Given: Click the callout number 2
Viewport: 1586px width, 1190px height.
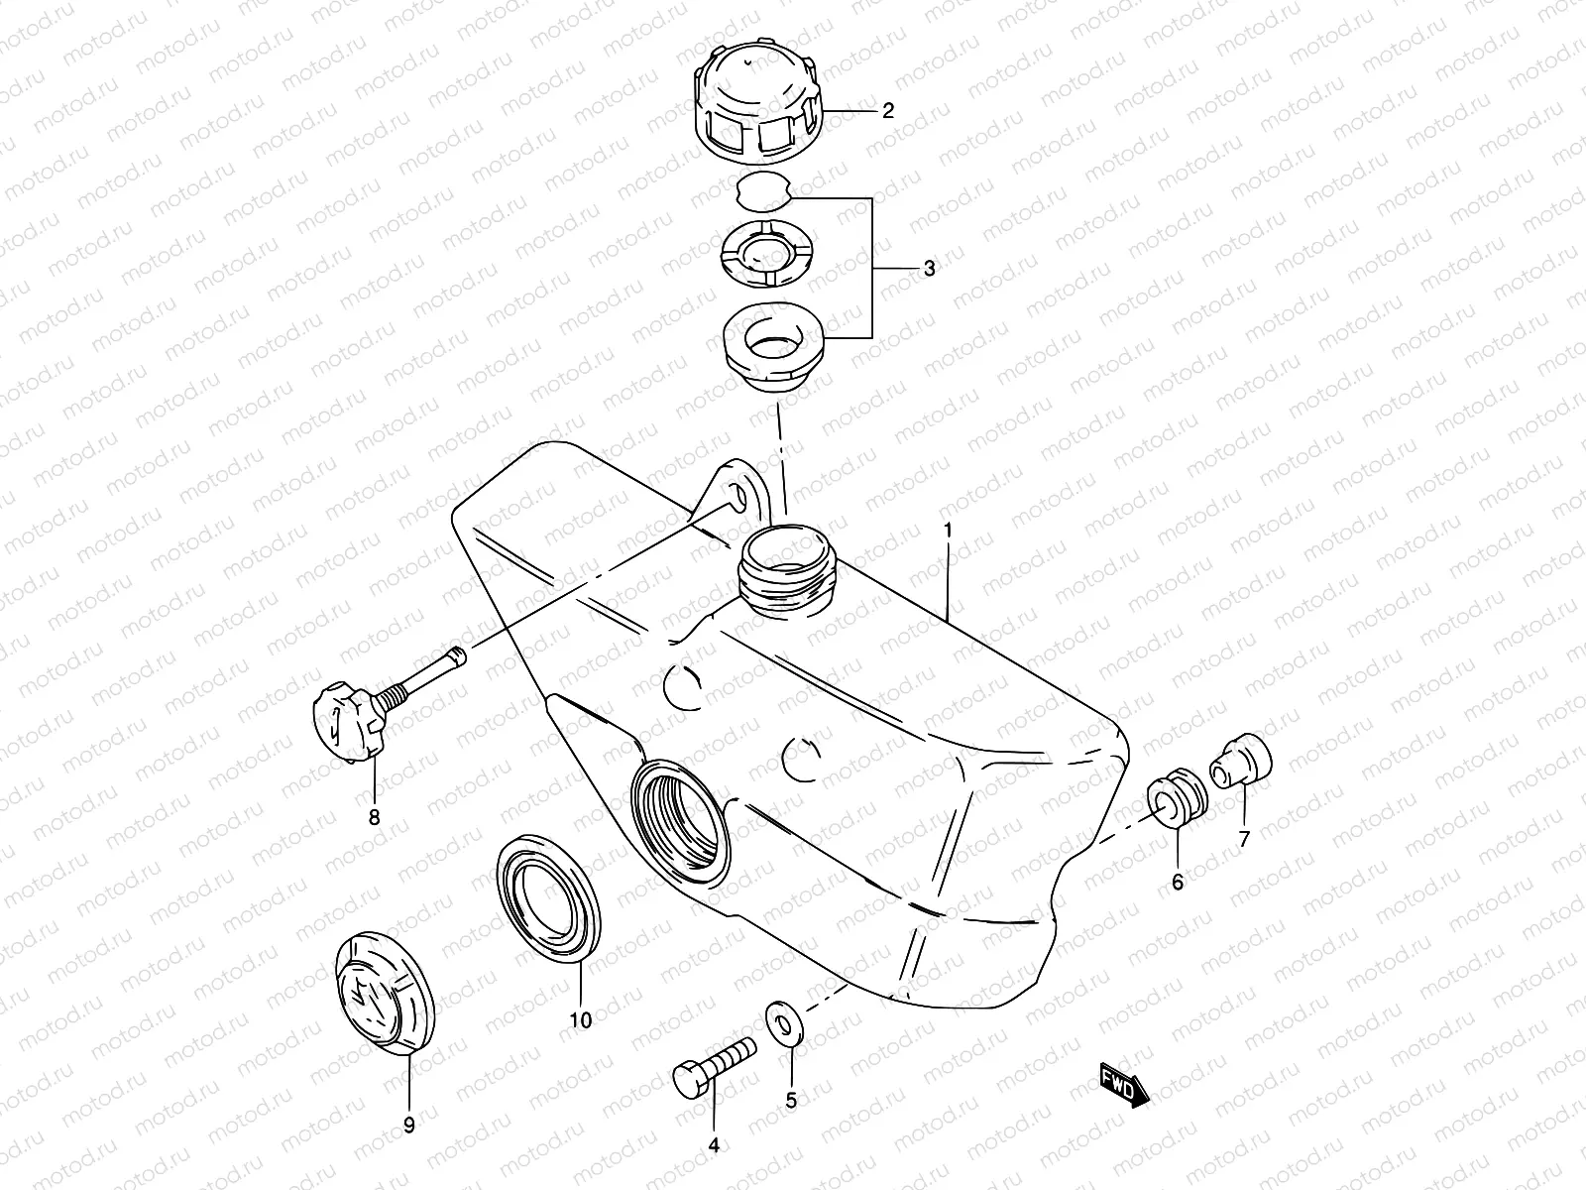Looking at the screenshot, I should point(887,110).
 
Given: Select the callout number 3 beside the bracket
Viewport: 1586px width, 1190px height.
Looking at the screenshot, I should point(928,268).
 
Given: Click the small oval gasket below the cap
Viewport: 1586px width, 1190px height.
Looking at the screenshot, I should point(765,191).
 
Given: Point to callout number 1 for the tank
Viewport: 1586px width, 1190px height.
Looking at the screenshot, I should point(948,531).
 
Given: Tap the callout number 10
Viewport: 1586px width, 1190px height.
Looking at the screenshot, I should point(581,1018).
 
